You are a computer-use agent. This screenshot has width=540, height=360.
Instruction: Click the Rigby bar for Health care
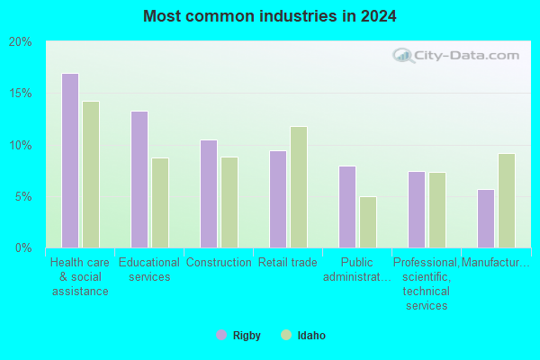click(x=70, y=160)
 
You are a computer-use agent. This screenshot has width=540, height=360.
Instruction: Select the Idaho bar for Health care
click(x=91, y=175)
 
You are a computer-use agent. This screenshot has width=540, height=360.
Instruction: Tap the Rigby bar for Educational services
click(x=139, y=179)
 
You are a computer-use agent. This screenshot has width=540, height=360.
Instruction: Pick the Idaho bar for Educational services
click(x=160, y=202)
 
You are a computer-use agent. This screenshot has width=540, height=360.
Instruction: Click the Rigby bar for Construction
click(x=209, y=194)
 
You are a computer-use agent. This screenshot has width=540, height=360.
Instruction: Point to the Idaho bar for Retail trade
click(x=299, y=187)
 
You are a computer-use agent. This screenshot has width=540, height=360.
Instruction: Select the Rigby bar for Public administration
click(x=347, y=207)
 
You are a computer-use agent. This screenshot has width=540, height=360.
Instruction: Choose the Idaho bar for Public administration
click(x=368, y=222)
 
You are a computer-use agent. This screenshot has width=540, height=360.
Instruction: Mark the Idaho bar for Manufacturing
click(x=507, y=201)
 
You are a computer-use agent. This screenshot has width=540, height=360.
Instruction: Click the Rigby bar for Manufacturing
click(x=486, y=219)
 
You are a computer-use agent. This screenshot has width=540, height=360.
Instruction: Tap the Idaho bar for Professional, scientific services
click(x=437, y=210)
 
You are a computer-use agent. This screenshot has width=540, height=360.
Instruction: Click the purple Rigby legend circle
click(x=221, y=335)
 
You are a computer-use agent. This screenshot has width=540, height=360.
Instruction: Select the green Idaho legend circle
click(x=286, y=335)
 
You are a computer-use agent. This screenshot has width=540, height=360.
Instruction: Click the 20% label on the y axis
click(x=21, y=42)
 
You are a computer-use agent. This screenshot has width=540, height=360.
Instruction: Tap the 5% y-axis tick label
click(x=23, y=197)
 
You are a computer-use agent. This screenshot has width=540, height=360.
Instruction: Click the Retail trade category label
click(x=288, y=263)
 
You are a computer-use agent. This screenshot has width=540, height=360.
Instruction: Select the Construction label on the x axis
click(x=219, y=263)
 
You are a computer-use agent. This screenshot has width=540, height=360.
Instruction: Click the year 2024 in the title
click(x=379, y=16)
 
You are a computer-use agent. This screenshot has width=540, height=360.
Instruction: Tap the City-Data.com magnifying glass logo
click(x=403, y=56)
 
